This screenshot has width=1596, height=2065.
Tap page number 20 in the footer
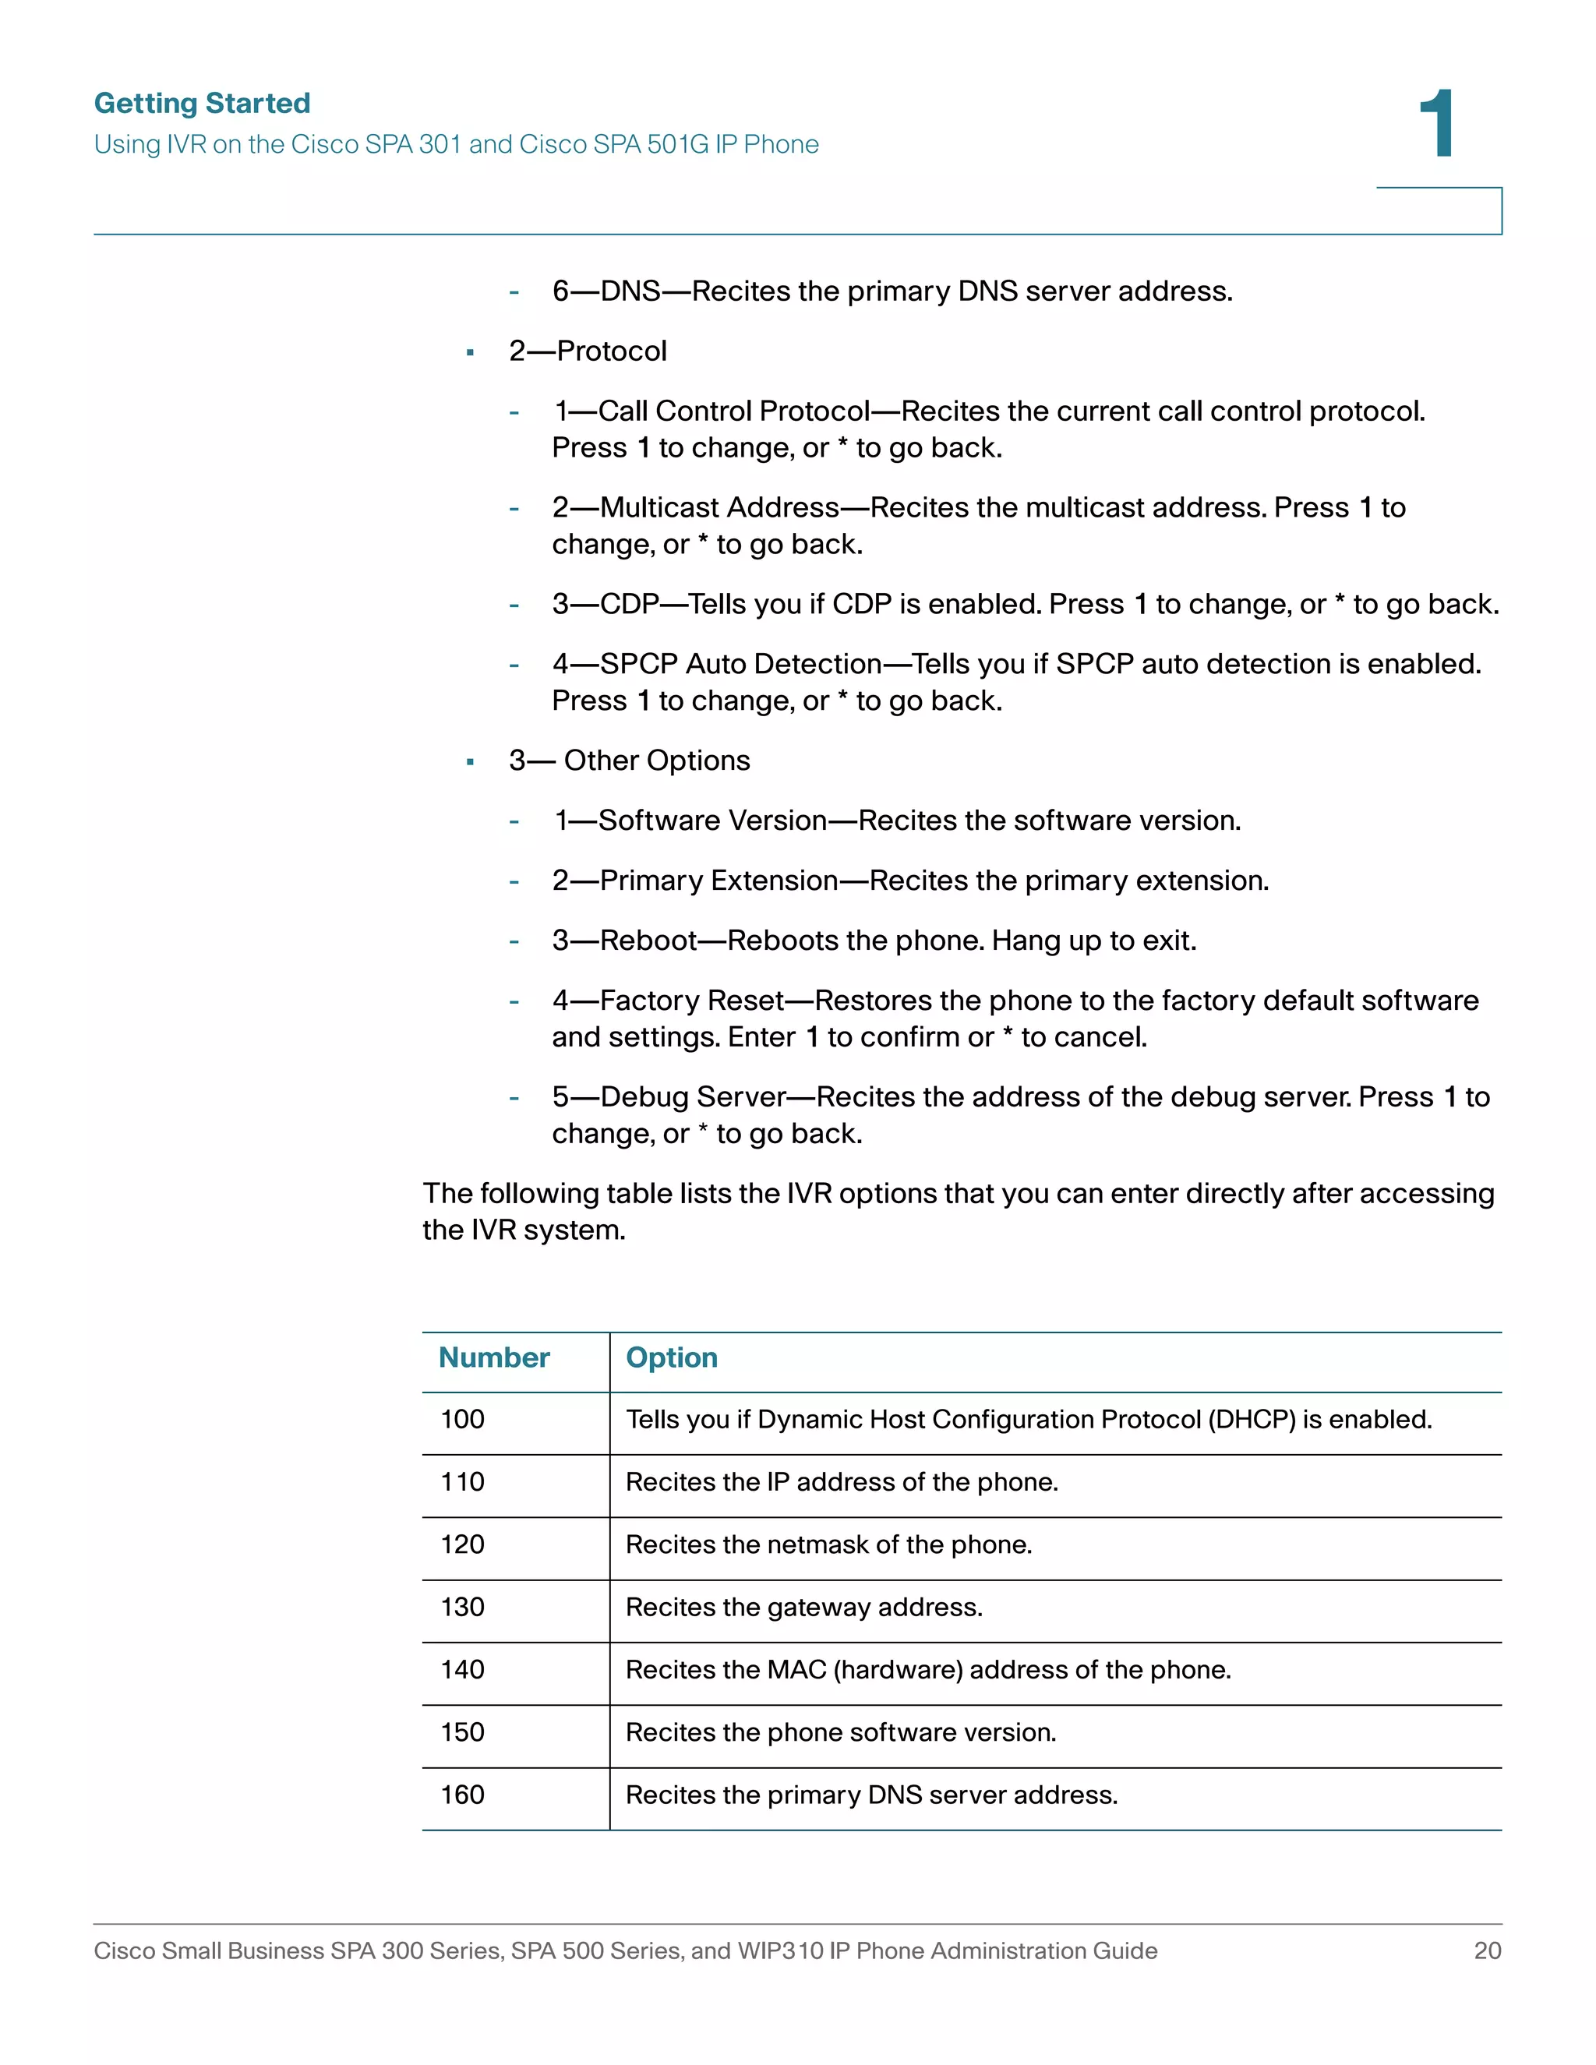pyautogui.click(x=1486, y=1950)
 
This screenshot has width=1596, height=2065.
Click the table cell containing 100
pyautogui.click(x=462, y=1419)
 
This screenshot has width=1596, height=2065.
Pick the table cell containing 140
pyautogui.click(x=462, y=1670)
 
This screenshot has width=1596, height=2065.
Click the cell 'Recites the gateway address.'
pyautogui.click(x=803, y=1608)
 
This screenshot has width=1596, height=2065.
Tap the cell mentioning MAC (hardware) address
pyautogui.click(x=927, y=1670)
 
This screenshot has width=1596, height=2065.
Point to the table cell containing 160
pyautogui.click(x=462, y=1795)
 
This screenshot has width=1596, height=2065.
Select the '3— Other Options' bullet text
pyautogui.click(x=629, y=761)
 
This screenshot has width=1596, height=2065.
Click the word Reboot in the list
pyautogui.click(x=648, y=941)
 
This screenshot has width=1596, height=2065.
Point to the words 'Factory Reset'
pyautogui.click(x=692, y=1001)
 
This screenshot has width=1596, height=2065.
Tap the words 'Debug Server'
pyautogui.click(x=693, y=1097)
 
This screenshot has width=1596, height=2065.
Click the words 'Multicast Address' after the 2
pyautogui.click(x=719, y=508)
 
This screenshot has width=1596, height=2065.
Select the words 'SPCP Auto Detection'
pyautogui.click(x=740, y=664)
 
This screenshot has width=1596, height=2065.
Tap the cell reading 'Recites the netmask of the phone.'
pyautogui.click(x=828, y=1545)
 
